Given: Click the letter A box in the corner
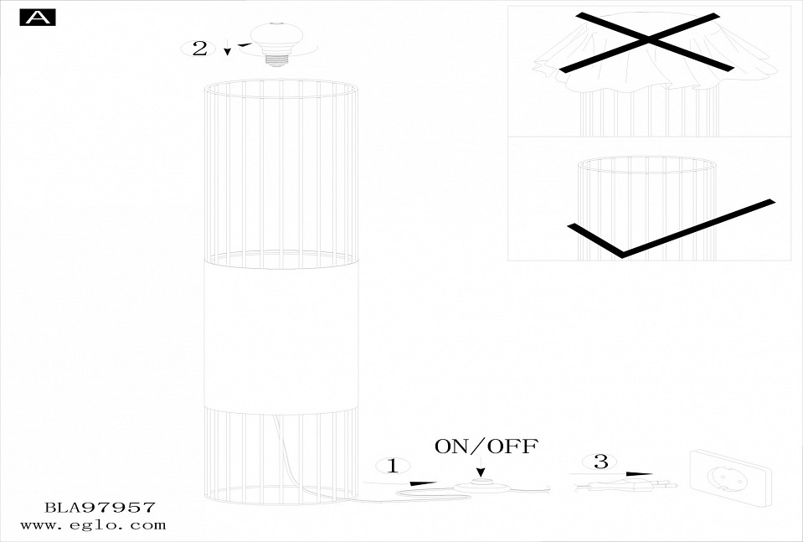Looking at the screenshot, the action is pos(38,18).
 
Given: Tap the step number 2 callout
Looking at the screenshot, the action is pos(199,49).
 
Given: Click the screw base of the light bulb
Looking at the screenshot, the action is pos(276,59).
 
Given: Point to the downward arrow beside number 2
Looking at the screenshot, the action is pos(228,47).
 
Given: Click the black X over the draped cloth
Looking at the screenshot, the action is pos(647,42).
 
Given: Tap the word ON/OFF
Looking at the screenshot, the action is pos(486,447).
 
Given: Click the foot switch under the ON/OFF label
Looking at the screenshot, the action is pos(480,486).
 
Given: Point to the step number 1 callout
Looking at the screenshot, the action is pos(393,466).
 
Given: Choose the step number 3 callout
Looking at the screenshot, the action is pos(600,462).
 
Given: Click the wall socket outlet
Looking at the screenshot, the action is pos(730,478).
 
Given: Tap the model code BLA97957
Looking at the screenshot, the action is pos(100,508).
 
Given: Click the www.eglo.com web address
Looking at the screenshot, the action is pos(93,525).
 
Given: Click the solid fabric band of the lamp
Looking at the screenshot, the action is pos(281,337).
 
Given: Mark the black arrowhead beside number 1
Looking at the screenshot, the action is pos(422,483).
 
